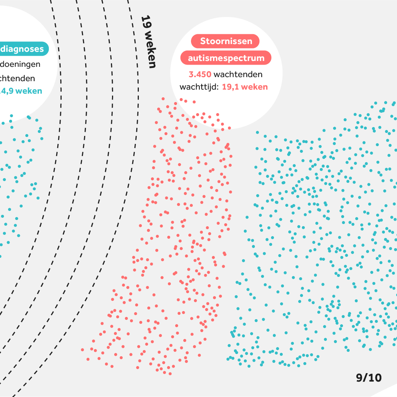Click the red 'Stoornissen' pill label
[226, 41]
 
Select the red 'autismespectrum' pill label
[226, 58]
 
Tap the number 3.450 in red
[200, 75]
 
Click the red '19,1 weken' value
[245, 87]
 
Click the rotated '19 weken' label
[149, 41]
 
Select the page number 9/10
[369, 378]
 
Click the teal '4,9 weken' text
[22, 91]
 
